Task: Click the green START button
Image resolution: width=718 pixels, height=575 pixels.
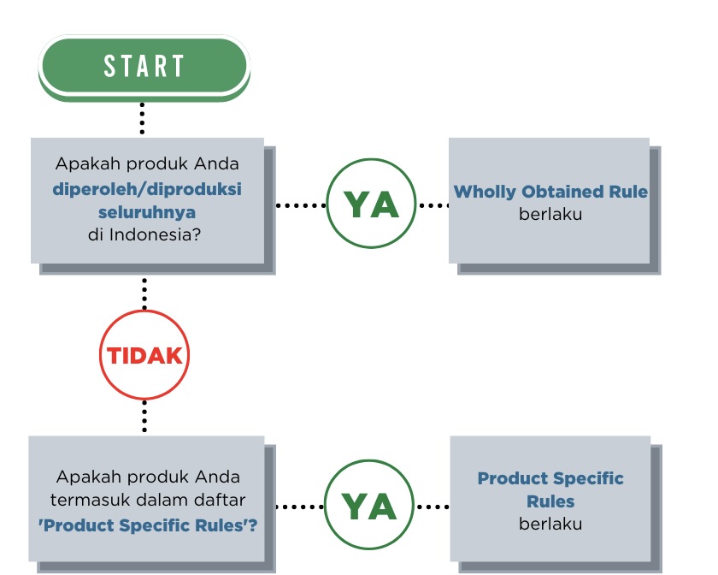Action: (144, 66)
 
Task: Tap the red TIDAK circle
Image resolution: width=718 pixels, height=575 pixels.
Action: (144, 355)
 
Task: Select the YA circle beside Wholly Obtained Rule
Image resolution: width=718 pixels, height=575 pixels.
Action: (371, 205)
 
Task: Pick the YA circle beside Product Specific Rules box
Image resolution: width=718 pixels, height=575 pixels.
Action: (369, 507)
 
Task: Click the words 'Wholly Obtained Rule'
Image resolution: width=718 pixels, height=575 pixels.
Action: (550, 192)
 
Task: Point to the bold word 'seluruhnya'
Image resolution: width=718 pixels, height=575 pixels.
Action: (146, 211)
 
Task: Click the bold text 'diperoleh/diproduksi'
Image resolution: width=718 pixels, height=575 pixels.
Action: (147, 189)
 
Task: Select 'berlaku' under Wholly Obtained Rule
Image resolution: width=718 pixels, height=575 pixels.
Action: (550, 214)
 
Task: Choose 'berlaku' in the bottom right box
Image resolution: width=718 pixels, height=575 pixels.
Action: (550, 523)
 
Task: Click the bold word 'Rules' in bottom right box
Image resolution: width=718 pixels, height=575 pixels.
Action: (550, 501)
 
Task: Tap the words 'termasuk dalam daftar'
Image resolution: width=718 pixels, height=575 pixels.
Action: (148, 500)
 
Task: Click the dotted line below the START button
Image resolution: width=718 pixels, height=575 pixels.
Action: (142, 119)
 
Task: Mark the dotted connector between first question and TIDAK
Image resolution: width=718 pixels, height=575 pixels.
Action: (144, 293)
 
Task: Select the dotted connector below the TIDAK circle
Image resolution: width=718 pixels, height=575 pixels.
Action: (144, 417)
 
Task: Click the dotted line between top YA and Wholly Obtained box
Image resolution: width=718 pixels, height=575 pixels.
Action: (433, 205)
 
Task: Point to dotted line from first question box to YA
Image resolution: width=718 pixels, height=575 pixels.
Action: (301, 205)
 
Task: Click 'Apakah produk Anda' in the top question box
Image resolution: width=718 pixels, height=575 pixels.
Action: (147, 163)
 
